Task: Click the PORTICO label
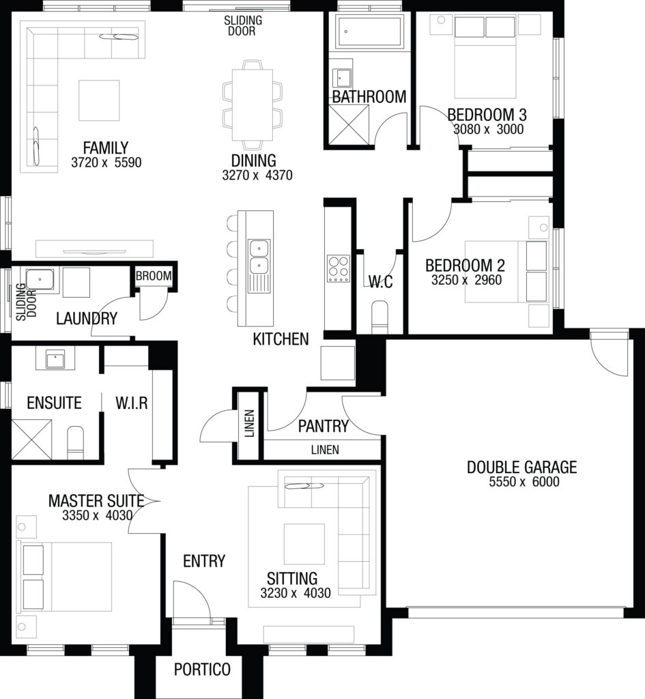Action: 202,669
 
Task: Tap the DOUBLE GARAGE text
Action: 521,467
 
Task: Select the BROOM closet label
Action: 154,276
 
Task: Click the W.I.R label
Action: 132,403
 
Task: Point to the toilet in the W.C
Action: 379,317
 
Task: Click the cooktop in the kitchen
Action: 339,269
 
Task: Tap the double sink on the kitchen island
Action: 259,257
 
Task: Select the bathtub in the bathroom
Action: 369,31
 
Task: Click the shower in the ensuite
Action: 31,439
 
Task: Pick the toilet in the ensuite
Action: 75,442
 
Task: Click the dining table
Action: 253,104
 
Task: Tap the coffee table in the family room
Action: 99,100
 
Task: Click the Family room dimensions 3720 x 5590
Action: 106,162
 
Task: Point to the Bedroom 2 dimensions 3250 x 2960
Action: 466,280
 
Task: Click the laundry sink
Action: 40,279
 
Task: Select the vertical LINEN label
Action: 249,423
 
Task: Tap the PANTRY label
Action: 323,426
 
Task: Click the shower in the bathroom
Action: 349,125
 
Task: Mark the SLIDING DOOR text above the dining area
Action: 242,25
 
